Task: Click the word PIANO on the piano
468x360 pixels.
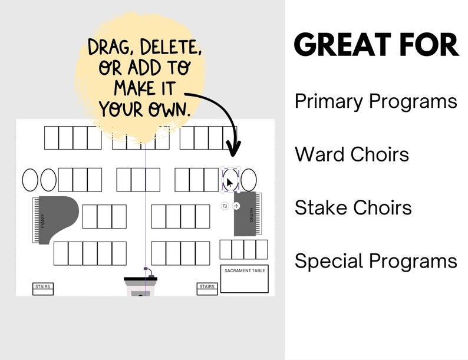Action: [x=43, y=221]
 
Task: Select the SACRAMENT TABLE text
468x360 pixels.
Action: [x=245, y=271]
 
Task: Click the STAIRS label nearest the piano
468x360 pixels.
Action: [x=43, y=287]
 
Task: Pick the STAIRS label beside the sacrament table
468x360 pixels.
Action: [x=207, y=287]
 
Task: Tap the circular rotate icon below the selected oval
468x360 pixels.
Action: [x=225, y=206]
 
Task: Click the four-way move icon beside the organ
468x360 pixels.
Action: [x=236, y=206]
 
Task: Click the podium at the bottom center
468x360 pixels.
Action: [x=140, y=287]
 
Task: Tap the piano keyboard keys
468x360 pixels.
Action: [x=35, y=220]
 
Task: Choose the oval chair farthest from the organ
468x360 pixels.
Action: [x=30, y=180]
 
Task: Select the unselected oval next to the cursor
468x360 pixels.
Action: [x=249, y=180]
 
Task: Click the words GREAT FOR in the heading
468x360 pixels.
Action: [x=376, y=45]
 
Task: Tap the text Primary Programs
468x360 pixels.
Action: [x=376, y=101]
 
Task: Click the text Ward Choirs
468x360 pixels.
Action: [x=352, y=154]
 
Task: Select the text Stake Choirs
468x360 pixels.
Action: [x=353, y=207]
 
